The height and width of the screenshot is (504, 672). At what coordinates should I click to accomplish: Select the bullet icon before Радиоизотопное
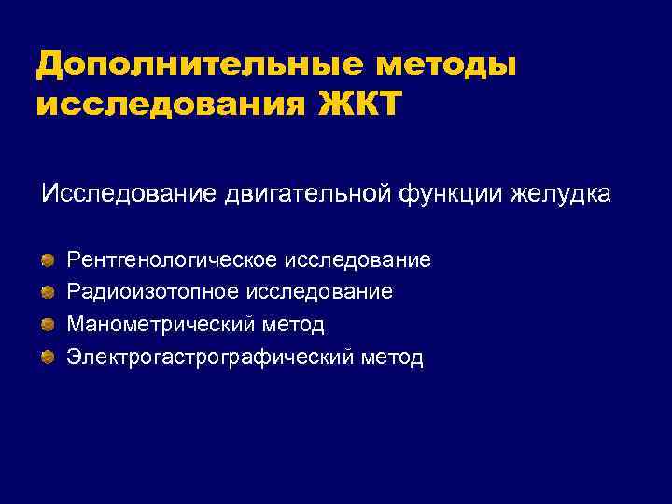(48, 292)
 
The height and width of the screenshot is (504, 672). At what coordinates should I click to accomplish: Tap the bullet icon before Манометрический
(48, 324)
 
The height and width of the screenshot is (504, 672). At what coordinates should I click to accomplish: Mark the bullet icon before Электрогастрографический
(48, 357)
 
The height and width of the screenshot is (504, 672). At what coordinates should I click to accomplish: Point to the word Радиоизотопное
(151, 292)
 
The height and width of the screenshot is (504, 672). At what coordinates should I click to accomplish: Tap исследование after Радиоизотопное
(318, 292)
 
